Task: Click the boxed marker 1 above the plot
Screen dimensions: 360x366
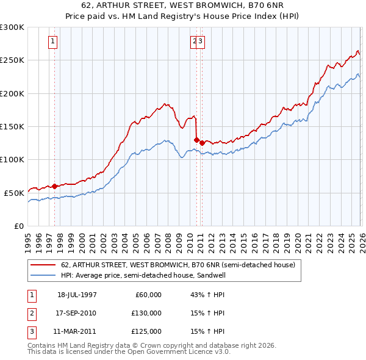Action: click(x=54, y=41)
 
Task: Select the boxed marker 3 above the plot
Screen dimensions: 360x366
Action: click(x=201, y=41)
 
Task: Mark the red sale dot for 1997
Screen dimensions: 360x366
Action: click(x=55, y=186)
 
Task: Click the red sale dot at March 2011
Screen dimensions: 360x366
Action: click(x=202, y=143)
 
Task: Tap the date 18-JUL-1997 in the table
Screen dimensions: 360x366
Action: click(x=77, y=295)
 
